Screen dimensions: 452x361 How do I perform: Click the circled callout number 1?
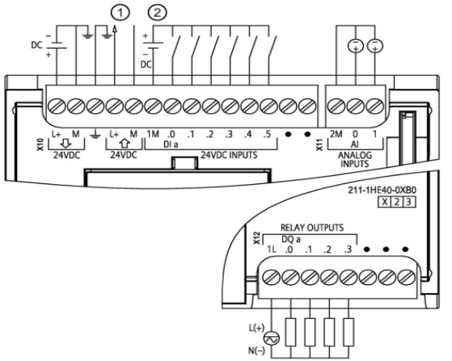120,13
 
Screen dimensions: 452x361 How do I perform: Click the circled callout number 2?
157,13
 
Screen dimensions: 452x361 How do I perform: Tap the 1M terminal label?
153,134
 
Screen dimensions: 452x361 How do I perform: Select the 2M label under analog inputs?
336,134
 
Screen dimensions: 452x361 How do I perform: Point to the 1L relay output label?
272,250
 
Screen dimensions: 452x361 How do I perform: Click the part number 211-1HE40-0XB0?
382,191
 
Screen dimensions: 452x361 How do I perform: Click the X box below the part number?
385,202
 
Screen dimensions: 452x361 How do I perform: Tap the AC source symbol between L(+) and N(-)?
272,338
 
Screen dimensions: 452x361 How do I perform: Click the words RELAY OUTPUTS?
312,228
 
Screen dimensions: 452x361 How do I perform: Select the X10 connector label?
40,145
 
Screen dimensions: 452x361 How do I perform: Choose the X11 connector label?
319,145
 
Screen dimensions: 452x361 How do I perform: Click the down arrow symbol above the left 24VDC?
66,143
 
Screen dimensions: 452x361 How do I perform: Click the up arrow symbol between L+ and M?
125,143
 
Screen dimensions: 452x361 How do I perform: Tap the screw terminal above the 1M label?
153,107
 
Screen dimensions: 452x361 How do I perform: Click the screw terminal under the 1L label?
272,278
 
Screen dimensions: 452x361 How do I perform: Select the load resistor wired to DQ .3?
349,332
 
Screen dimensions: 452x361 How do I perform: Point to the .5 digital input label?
267,134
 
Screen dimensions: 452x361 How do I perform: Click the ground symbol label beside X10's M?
95,135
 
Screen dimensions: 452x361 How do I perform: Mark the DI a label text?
171,144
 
